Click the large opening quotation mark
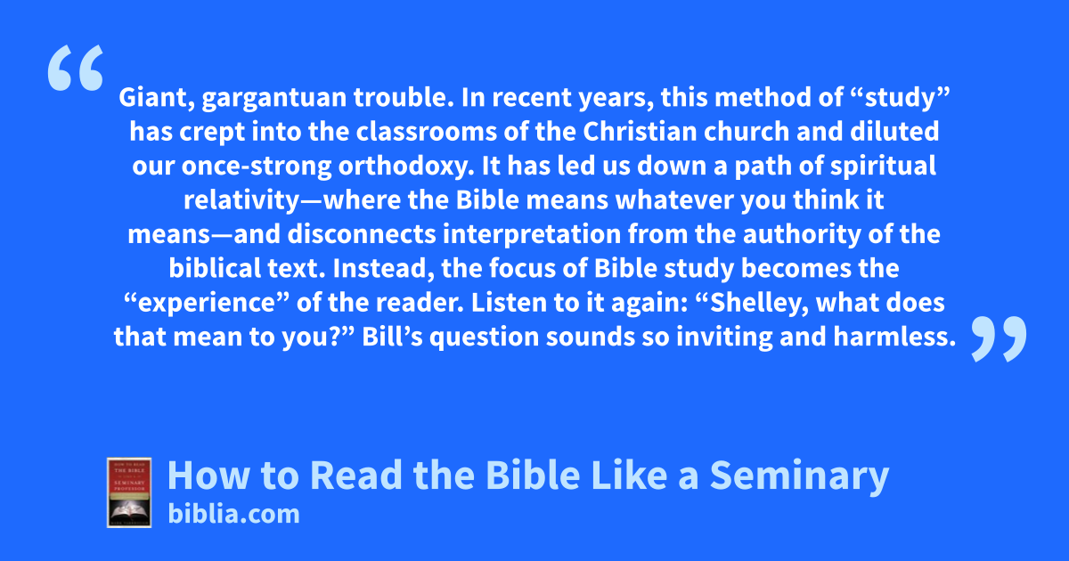pyautogui.click(x=76, y=68)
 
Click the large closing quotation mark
pyautogui.click(x=999, y=338)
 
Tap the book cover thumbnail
pyautogui.click(x=129, y=492)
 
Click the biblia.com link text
pyautogui.click(x=233, y=515)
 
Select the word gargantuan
pyautogui.click(x=274, y=99)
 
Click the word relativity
pyautogui.click(x=241, y=201)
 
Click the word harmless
pyautogui.click(x=894, y=337)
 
